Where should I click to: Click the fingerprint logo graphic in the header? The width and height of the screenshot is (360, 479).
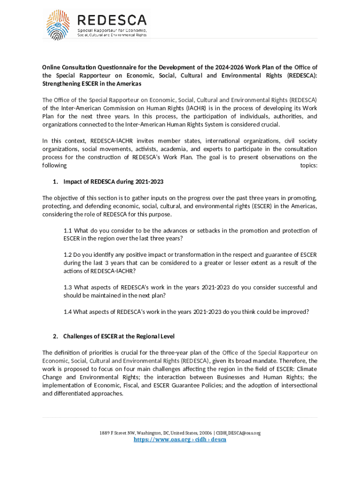coord(60,26)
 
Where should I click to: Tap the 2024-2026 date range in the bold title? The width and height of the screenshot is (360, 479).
coord(238,67)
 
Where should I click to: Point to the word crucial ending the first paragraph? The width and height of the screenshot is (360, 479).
coord(269,124)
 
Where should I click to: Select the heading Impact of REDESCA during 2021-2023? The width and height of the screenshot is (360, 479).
coord(113,181)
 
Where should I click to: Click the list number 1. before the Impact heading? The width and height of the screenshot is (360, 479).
coord(55,181)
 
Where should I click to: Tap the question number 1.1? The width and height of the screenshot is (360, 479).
coord(68,230)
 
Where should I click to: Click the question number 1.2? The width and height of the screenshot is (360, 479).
coord(68,254)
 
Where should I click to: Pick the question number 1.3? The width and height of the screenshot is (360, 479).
coord(68,287)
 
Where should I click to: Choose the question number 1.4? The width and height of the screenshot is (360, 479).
coord(68,312)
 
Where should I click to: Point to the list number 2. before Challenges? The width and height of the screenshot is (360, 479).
coord(55,336)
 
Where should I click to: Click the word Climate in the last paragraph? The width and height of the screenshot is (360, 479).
coord(306,369)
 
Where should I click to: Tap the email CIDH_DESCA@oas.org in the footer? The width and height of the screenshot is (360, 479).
coord(238,433)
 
